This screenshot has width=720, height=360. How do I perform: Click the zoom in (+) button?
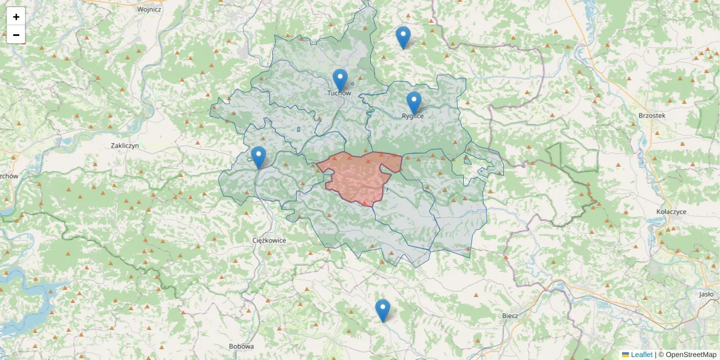16,17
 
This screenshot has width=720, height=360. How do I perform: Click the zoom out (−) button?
16,35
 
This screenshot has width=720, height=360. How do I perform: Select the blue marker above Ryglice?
413,103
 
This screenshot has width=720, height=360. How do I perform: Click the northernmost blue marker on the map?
403,37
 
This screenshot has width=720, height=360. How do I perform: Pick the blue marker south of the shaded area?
382,310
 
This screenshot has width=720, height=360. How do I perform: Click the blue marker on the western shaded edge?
259,157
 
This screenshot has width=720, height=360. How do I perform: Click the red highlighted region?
358,177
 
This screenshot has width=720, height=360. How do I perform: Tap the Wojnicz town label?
149,10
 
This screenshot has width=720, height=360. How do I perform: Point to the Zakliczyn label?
125,146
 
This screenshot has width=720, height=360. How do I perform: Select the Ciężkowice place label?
269,240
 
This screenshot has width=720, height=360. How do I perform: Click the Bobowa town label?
241,346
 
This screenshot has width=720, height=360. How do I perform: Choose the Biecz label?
509,315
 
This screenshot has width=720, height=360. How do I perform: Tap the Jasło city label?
706,294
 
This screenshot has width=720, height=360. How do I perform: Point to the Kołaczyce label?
671,212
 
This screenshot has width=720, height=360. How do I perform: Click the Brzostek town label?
652,115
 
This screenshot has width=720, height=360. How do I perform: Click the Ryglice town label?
413,116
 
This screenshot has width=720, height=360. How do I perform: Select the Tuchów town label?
339,93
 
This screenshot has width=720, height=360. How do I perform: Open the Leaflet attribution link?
641,355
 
